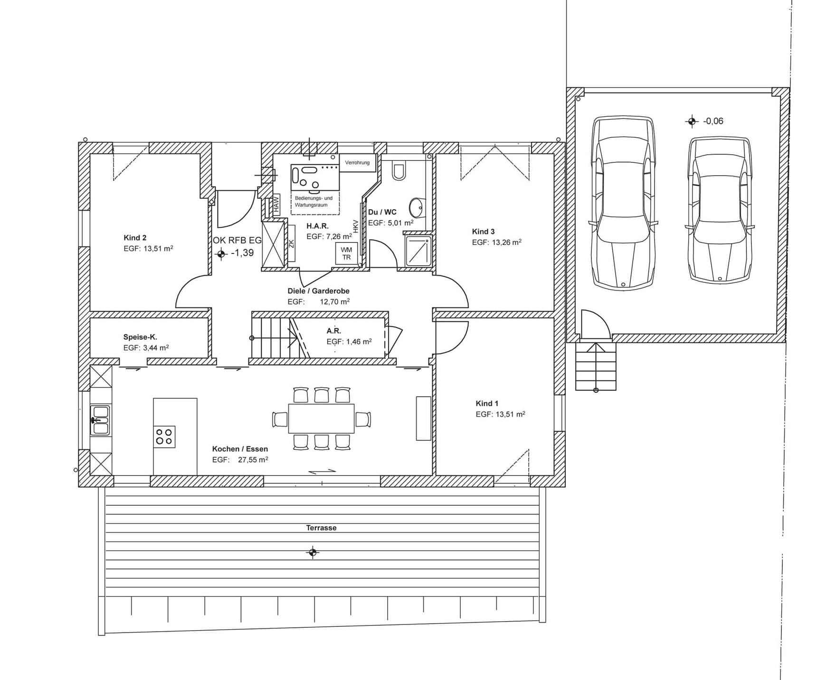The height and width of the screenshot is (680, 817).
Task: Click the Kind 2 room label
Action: pos(135,238)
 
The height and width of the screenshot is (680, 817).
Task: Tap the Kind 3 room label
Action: pos(483,232)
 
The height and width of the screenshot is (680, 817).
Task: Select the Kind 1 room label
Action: pos(487,403)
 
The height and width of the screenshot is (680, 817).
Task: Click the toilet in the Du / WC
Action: pos(399,171)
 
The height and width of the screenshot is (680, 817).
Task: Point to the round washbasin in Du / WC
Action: pos(417,207)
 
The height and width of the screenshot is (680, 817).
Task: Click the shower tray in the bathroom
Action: pos(418,251)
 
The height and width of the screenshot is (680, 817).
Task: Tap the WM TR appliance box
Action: pos(346,253)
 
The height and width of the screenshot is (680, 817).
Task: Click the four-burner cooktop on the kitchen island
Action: pos(164,437)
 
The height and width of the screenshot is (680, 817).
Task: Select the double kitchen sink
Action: pos(100,420)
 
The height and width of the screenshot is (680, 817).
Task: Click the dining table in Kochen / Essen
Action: pos(321,419)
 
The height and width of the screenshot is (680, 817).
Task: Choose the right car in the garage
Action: pos(720,210)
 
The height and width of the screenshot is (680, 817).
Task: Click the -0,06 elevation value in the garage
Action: pos(713,121)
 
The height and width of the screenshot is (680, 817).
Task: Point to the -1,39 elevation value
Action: pos(242,253)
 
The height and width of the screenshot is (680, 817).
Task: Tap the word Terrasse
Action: pos(321,528)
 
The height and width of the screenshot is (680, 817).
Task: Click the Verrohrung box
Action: pos(358,163)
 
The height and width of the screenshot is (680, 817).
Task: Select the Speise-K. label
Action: pos(140,337)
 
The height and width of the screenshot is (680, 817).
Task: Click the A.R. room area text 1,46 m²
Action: pos(359,341)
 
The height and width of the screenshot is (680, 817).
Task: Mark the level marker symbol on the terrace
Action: pos(313,552)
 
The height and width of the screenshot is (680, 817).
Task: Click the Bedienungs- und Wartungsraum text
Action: pos(313,202)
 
